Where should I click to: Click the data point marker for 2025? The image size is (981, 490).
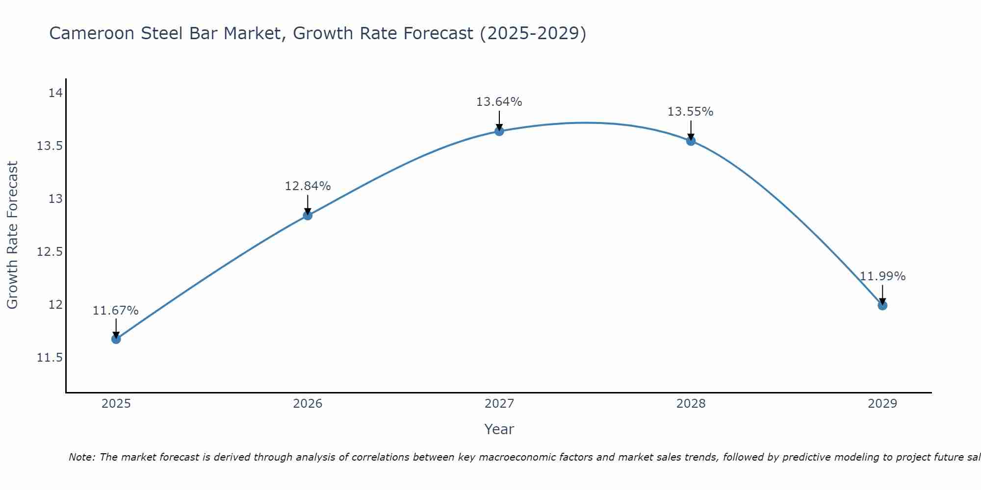tap(116, 339)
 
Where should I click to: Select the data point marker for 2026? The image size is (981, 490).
tap(308, 215)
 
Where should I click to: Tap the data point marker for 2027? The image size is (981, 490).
tap(499, 131)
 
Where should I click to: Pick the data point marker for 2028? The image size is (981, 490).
tap(691, 141)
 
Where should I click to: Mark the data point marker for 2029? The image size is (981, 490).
tap(882, 305)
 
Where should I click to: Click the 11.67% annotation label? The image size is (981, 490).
tap(116, 311)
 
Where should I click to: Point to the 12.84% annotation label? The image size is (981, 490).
tap(308, 186)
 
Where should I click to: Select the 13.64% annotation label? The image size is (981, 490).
tap(499, 102)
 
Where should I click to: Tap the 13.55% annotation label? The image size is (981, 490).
tap(691, 112)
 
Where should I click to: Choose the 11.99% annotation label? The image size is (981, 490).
tap(882, 276)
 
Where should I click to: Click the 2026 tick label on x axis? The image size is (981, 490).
tap(308, 404)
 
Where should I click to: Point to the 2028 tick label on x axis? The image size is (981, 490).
tap(691, 404)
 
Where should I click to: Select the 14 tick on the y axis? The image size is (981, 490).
tap(55, 93)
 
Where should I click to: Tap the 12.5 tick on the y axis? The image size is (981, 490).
tap(50, 252)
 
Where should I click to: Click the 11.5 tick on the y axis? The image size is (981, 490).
tap(50, 358)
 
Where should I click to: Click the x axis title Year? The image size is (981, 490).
tap(499, 429)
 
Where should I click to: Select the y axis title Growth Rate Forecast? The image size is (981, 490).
tap(12, 235)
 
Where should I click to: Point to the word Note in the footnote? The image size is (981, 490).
tap(81, 457)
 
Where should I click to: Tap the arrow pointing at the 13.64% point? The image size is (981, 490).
tap(499, 121)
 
